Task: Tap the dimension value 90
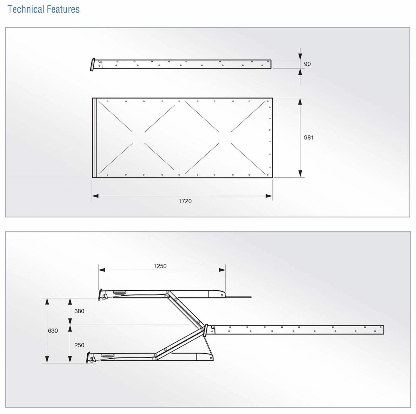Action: point(307,64)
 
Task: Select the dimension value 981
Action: point(309,138)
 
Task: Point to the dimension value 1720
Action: point(185,201)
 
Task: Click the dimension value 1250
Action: point(160,266)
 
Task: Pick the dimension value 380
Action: point(79,311)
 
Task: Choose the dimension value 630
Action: point(53,331)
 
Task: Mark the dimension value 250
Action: point(79,345)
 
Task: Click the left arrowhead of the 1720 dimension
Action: point(95,196)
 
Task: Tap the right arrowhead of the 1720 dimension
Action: point(269,196)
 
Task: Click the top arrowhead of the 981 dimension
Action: point(300,101)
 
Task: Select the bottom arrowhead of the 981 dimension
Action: point(300,174)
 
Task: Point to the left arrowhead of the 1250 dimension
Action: point(102,270)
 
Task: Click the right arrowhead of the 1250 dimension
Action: point(222,270)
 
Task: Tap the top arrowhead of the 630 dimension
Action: point(47,301)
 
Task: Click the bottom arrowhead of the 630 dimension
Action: point(47,360)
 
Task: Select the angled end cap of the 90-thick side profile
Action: point(93,65)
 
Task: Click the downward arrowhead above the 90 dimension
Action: point(300,57)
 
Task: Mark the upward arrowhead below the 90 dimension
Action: point(300,72)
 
